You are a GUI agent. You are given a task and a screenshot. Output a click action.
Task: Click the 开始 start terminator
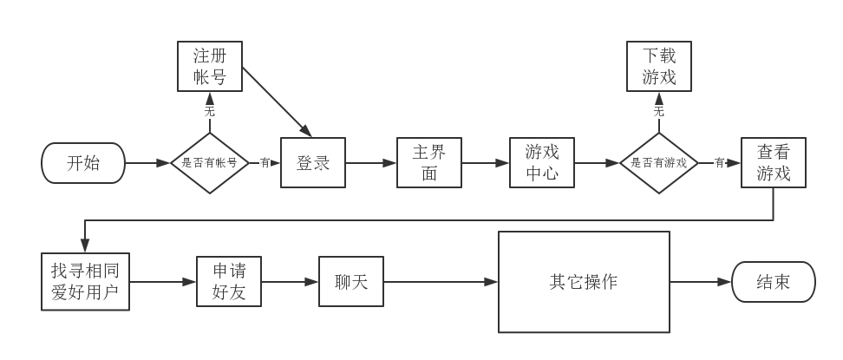(83, 163)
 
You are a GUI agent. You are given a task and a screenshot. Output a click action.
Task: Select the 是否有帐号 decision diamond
(210, 163)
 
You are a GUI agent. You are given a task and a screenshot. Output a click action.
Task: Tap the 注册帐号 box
(210, 66)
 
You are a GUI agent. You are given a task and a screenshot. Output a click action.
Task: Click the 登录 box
(313, 162)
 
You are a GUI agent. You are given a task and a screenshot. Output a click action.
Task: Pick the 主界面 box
(429, 162)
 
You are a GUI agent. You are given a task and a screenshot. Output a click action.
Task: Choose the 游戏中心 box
(542, 162)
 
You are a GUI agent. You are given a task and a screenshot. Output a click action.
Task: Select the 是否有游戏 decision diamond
(658, 163)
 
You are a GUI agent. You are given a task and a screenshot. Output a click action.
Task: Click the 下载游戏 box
(659, 66)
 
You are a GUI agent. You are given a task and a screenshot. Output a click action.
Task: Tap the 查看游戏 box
(774, 162)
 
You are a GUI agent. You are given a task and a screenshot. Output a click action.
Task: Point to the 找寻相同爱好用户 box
(86, 281)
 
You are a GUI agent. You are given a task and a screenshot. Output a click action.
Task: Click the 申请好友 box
(229, 281)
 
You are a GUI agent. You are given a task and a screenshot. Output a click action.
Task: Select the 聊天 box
(351, 281)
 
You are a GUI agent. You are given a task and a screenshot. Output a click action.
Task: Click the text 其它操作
(584, 282)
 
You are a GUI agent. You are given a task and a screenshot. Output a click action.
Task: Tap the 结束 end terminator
(774, 282)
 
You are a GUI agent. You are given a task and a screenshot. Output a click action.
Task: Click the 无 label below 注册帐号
(210, 111)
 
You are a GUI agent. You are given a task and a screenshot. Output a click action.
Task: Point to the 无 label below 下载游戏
(659, 111)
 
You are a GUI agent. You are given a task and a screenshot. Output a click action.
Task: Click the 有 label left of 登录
(265, 162)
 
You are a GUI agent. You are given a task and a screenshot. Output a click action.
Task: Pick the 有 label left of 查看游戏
(719, 162)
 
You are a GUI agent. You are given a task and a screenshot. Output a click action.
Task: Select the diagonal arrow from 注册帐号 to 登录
(278, 101)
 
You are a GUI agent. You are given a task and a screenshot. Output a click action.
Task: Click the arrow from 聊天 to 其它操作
(441, 281)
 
